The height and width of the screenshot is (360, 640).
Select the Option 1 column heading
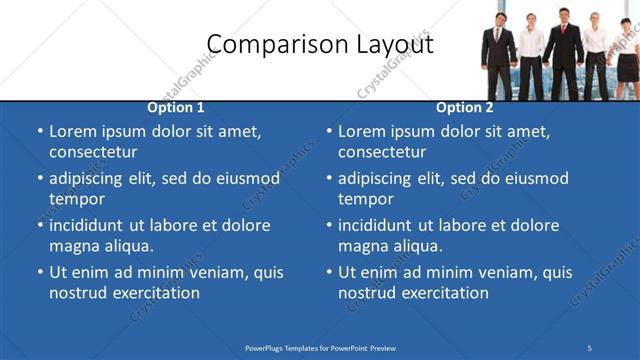176,107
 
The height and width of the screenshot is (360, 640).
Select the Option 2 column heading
465,107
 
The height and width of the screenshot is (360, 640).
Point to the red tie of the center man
563,30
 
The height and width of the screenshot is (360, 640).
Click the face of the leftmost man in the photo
499,17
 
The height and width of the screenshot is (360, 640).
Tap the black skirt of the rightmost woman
627,68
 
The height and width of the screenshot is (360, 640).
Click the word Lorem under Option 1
71,131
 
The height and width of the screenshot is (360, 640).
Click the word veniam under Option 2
493,272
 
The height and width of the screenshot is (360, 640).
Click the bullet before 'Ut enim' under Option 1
40,272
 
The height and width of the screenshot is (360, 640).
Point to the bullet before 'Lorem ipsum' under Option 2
329,131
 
